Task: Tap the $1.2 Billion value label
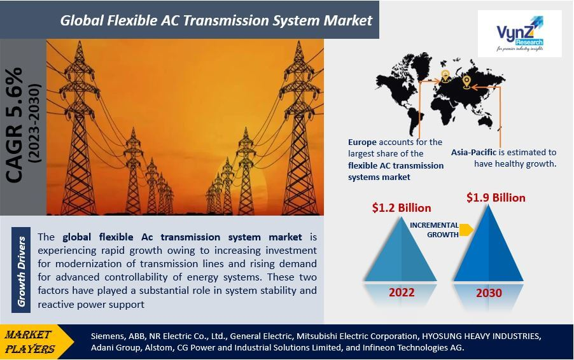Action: point(402,208)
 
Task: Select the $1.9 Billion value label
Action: point(496,198)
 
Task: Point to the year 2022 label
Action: point(402,293)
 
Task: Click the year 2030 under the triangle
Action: point(489,293)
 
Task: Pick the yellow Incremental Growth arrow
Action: point(466,230)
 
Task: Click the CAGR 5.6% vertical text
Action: point(15,125)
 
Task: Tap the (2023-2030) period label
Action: point(35,123)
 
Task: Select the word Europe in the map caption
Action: point(362,142)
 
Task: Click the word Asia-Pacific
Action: point(473,152)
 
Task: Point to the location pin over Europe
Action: point(445,76)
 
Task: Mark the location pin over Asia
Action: point(466,82)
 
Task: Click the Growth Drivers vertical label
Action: point(21,271)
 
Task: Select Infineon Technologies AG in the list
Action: point(413,347)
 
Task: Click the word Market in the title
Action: point(347,20)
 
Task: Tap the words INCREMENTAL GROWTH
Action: point(434,230)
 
